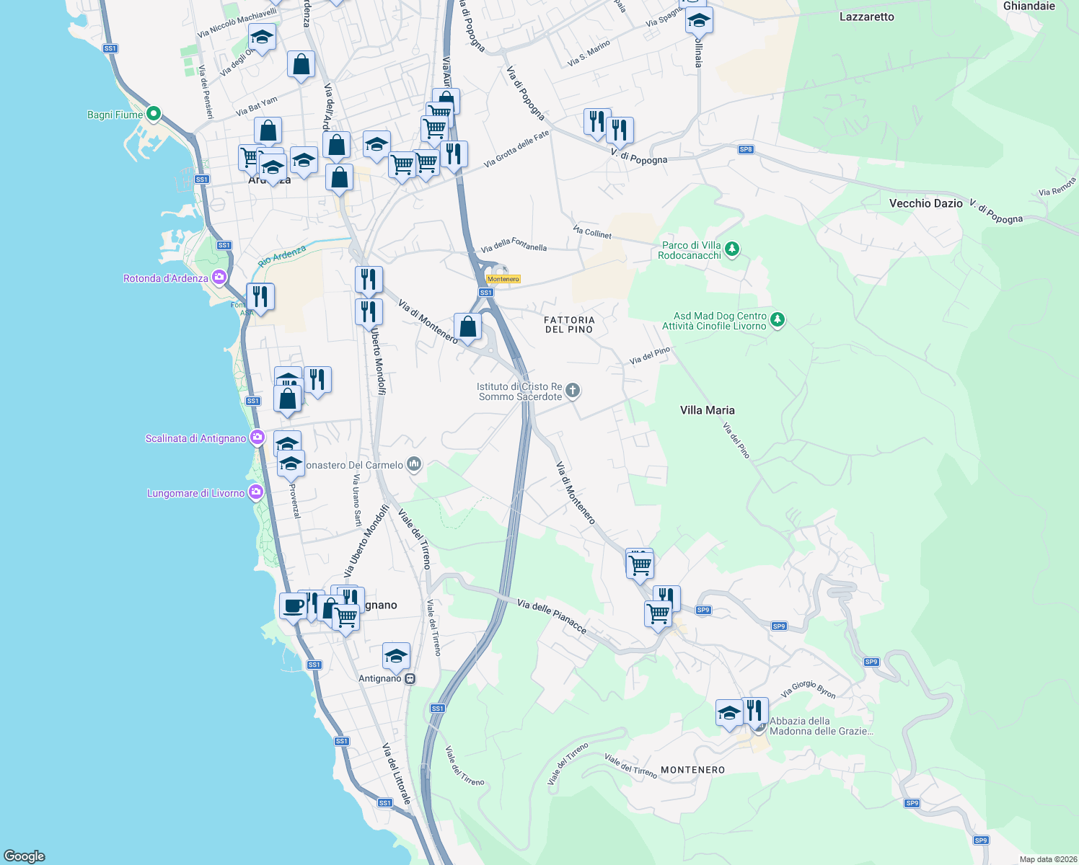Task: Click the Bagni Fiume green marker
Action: [x=153, y=114]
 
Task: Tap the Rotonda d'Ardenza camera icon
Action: [x=219, y=278]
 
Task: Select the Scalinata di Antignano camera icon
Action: [x=257, y=438]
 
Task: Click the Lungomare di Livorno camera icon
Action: [x=255, y=492]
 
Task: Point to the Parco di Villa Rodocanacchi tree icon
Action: [x=732, y=249]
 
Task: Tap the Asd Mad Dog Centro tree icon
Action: [x=777, y=319]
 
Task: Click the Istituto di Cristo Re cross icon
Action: [x=572, y=391]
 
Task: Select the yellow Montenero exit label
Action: [x=503, y=279]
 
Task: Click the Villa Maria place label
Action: [x=707, y=410]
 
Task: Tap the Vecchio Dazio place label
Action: [x=925, y=203]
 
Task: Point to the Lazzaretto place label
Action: [x=866, y=17]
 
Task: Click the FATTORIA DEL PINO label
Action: [x=569, y=324]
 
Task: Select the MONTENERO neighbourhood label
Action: [x=692, y=770]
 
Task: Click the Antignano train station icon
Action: [x=410, y=678]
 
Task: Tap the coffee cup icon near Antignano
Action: [x=293, y=605]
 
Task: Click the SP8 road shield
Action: [x=746, y=149]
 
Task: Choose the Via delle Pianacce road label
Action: [x=552, y=616]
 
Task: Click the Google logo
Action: [x=25, y=856]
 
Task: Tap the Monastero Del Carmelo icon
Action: [x=413, y=463]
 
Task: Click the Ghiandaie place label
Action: [x=1029, y=6]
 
